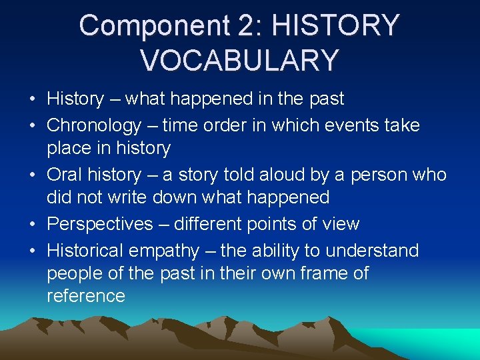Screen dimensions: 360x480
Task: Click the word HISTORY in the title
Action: point(336,26)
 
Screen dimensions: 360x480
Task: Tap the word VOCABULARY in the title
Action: point(239,59)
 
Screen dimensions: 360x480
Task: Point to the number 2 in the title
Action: point(244,26)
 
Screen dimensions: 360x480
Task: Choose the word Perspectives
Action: point(100,224)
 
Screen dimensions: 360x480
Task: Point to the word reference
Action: point(86,296)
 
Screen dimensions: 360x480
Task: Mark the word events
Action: point(355,125)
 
